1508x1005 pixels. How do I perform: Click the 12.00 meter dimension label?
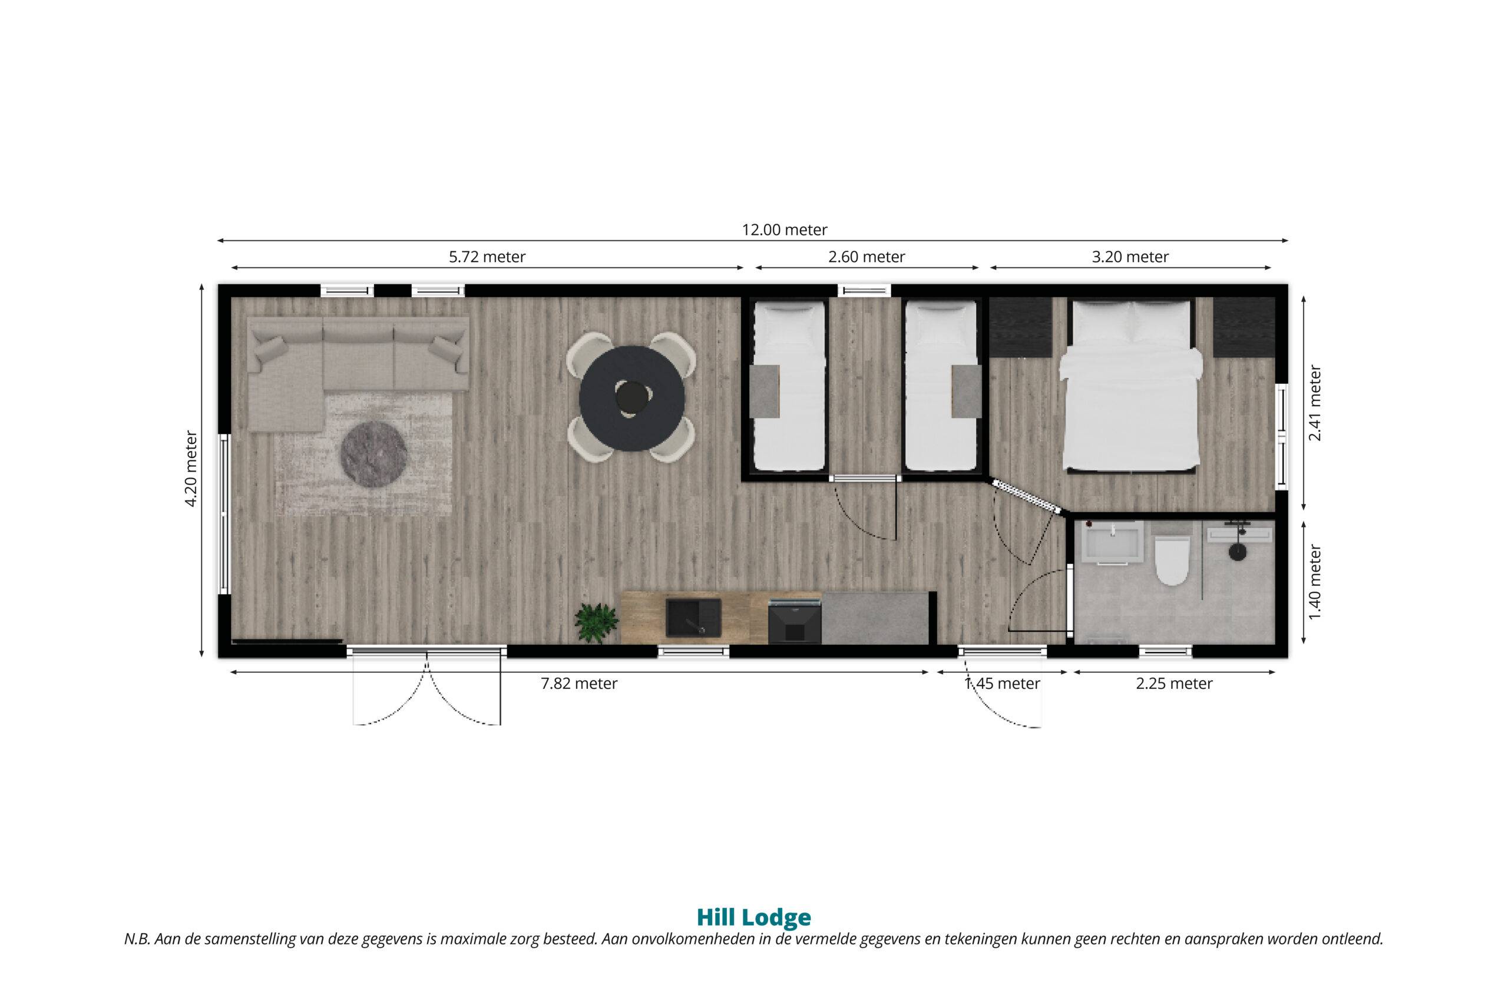tap(785, 230)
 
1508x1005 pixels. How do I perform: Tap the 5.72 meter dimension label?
tap(487, 257)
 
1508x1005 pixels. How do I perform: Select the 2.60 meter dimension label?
tap(867, 257)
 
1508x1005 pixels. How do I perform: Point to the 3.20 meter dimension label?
tap(1130, 257)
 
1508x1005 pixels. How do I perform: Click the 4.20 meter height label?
tap(190, 469)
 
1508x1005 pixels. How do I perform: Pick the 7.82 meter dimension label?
tap(579, 684)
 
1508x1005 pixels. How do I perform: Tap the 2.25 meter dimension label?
tap(1175, 684)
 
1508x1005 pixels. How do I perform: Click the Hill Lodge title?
tap(753, 918)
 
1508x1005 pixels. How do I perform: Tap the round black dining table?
tap(632, 398)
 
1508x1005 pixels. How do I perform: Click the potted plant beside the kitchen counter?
tap(593, 621)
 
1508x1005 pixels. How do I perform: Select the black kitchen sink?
tap(693, 617)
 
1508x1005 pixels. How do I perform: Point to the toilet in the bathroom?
tap(1172, 559)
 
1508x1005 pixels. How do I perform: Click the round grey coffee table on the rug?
tap(375, 455)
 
